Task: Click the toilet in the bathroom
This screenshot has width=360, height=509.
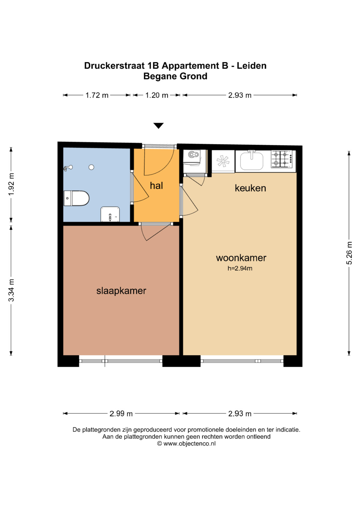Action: click(76, 198)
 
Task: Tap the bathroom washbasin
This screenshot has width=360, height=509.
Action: click(110, 214)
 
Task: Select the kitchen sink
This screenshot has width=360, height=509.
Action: click(252, 161)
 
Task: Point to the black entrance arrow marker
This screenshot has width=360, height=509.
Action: click(158, 126)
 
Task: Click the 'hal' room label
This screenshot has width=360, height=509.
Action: click(156, 186)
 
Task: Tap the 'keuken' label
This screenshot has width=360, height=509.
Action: click(250, 188)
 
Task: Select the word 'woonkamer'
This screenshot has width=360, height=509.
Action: click(241, 258)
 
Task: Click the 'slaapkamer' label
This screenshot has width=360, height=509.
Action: click(121, 291)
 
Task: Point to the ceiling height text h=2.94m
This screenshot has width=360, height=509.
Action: click(240, 268)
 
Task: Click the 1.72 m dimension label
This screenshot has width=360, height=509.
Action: click(97, 95)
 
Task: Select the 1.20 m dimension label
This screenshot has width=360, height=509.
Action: click(157, 95)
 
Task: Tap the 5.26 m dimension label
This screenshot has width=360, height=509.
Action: click(349, 253)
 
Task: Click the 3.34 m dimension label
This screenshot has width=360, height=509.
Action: click(11, 290)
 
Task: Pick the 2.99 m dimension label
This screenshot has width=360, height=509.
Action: click(121, 414)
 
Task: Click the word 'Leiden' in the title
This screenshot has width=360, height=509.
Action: click(252, 66)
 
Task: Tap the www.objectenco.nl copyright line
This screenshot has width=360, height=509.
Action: click(186, 443)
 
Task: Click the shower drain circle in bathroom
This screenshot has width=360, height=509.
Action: click(91, 167)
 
